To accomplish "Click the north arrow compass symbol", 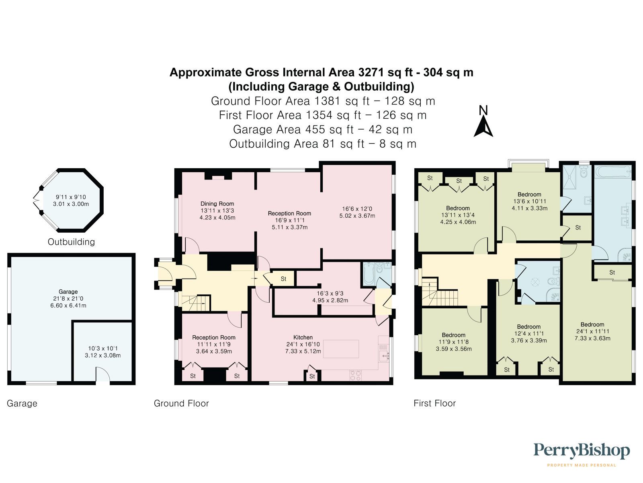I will click(x=483, y=122).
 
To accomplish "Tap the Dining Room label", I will click(x=217, y=204).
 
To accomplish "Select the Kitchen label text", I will click(x=303, y=337).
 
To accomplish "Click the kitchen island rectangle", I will click(x=341, y=349).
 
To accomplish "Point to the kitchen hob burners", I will click(x=355, y=375).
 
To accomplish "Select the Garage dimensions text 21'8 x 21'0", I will click(x=68, y=299).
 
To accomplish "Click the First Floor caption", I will click(x=434, y=403).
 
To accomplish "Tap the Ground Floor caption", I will click(x=181, y=403).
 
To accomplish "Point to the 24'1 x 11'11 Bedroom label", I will click(x=592, y=324).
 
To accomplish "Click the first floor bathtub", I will click(x=613, y=172).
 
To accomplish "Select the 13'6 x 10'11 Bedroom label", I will click(x=529, y=194).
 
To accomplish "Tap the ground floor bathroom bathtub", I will click(x=369, y=275).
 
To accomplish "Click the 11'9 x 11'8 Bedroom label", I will click(x=453, y=335).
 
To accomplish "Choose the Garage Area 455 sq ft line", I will click(x=322, y=130).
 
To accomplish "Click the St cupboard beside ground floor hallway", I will click(x=283, y=279).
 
